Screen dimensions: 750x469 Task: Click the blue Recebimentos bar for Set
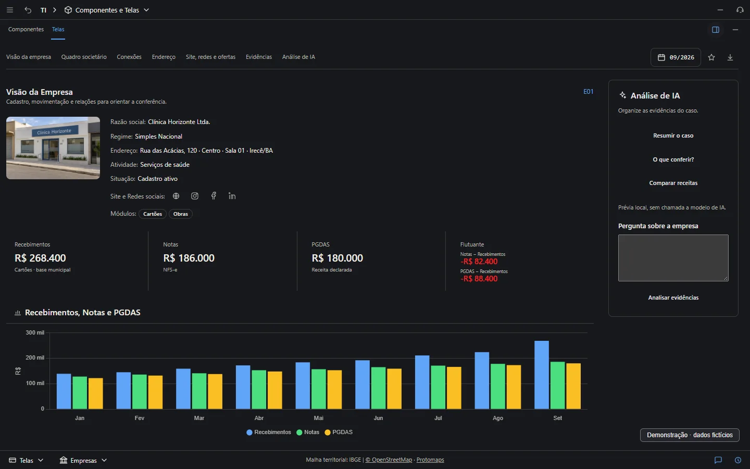tap(542, 375)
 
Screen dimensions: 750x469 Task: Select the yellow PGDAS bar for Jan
tap(95, 393)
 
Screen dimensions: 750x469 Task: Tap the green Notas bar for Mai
tap(318, 389)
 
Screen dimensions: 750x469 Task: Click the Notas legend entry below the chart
tap(308, 432)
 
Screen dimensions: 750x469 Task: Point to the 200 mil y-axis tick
tap(35, 358)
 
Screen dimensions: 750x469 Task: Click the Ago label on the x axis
tap(497, 418)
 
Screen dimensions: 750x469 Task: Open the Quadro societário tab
tap(84, 57)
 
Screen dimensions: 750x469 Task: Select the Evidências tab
tap(259, 57)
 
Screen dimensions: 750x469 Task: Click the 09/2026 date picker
tap(676, 57)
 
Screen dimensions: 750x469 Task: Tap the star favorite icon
tap(711, 57)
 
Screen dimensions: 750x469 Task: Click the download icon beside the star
tap(730, 57)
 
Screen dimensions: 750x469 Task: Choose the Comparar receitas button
tap(673, 183)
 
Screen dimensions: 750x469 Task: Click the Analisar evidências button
tap(673, 298)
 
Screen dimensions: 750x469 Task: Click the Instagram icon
tap(195, 196)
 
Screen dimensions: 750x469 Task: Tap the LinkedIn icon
tap(232, 196)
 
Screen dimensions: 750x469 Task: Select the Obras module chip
tap(180, 214)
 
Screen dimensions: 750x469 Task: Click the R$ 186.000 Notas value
tap(189, 258)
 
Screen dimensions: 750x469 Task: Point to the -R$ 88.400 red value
tap(479, 279)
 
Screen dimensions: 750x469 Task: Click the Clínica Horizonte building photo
tap(53, 148)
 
